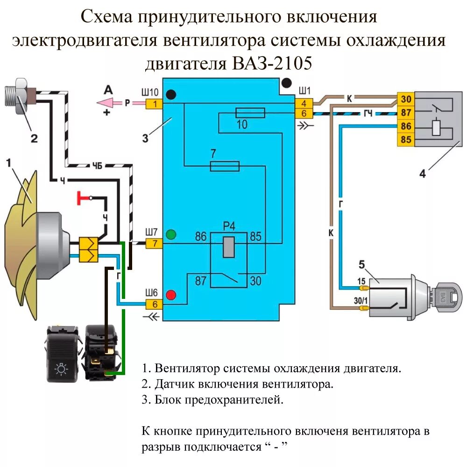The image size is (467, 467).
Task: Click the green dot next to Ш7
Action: tap(171, 234)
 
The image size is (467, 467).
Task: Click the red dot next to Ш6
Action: tap(171, 295)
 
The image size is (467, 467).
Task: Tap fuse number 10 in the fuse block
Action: tap(250, 113)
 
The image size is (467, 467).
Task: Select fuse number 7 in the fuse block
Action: tap(225, 166)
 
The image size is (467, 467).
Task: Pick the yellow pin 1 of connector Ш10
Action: tap(154, 103)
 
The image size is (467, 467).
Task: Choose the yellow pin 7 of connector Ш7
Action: tap(154, 243)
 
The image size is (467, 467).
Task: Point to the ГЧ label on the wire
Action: tap(368, 114)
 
